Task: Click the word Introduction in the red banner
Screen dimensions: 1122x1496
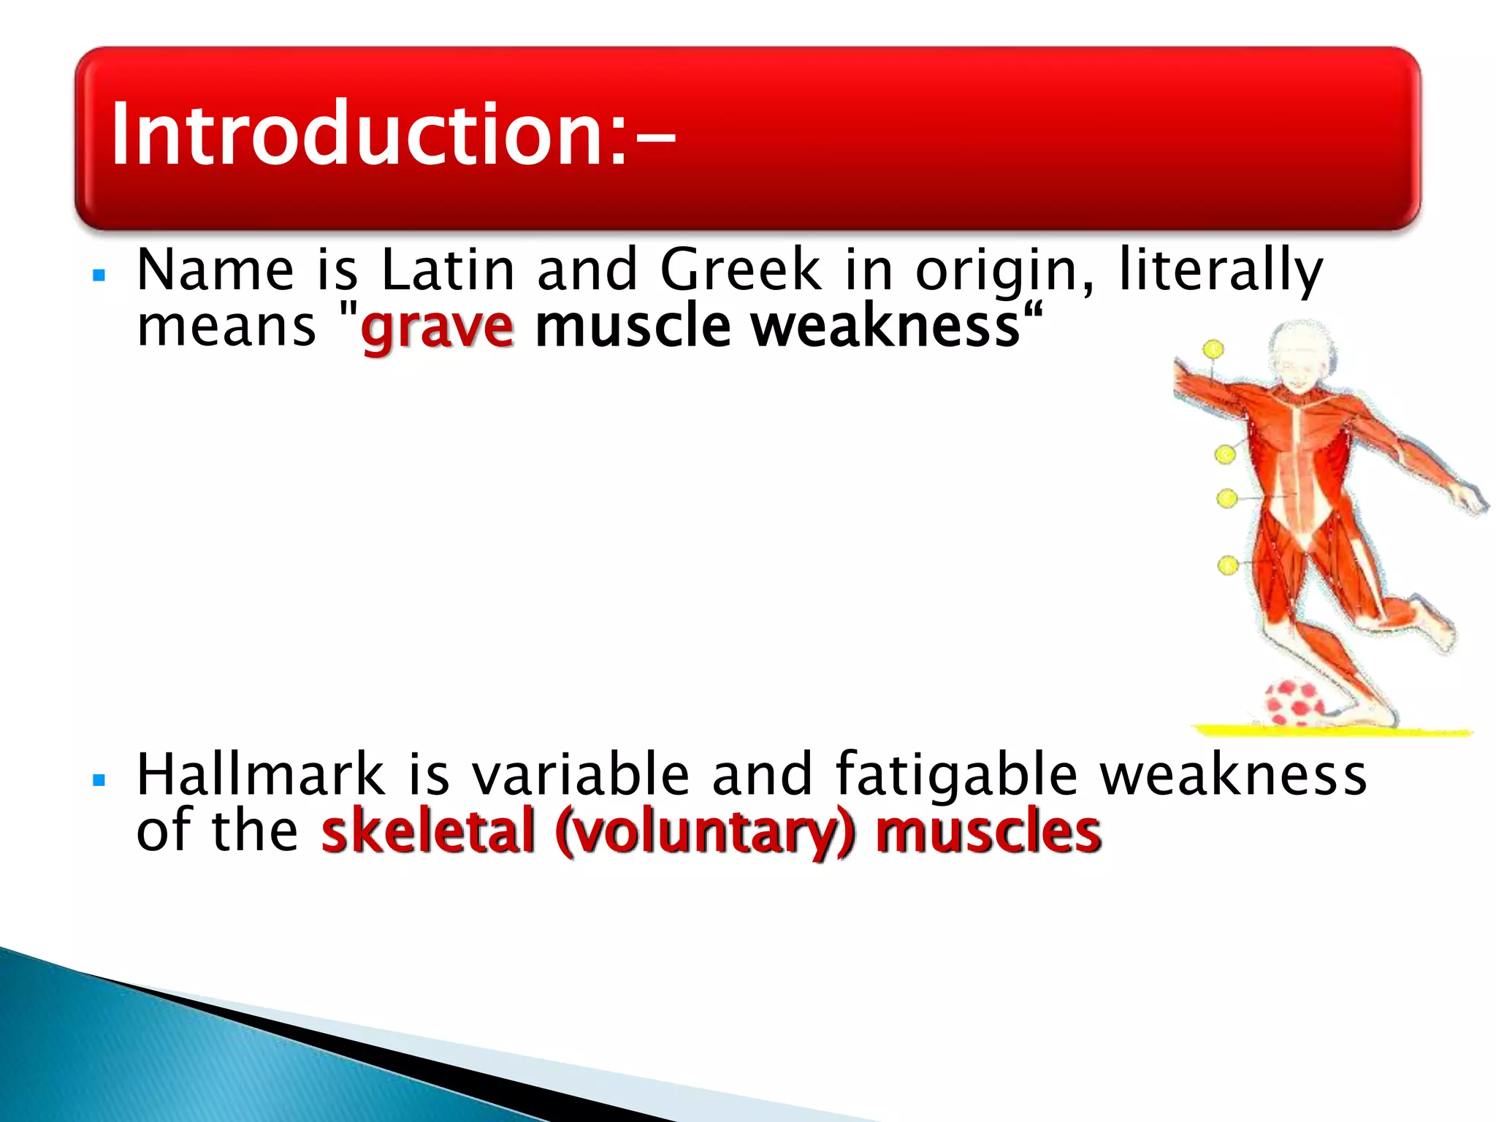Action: (358, 135)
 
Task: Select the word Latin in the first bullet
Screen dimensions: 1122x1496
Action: (448, 270)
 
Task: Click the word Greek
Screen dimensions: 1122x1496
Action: (741, 270)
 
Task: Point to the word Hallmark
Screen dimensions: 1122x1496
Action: (260, 774)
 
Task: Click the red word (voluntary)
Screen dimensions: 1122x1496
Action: (704, 832)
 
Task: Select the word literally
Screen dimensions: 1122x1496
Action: (1221, 270)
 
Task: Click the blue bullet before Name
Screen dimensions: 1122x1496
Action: (100, 276)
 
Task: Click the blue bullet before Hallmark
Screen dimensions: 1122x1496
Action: (100, 781)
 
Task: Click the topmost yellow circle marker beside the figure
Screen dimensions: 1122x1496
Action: (1213, 350)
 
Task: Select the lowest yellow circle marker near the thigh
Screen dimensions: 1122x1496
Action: (1228, 565)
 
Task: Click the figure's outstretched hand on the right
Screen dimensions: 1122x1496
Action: (1471, 500)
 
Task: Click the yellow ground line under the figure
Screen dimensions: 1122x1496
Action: (1329, 730)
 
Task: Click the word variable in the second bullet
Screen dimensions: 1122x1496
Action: (581, 774)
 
